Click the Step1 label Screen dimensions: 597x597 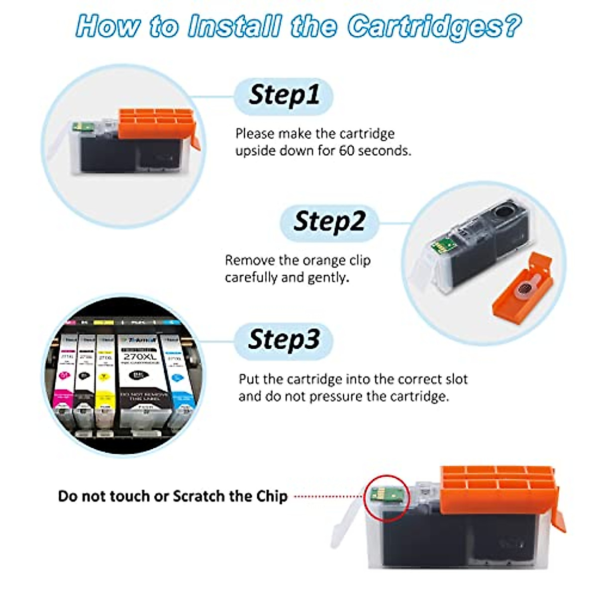[283, 96]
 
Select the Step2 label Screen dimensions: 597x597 [329, 222]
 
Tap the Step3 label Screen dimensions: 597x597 [283, 340]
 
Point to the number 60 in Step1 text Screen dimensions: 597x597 [346, 151]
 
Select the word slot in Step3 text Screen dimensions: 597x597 [456, 380]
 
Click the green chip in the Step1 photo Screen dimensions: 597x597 [78, 128]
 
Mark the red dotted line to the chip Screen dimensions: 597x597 [328, 496]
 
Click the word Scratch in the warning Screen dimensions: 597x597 [199, 496]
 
